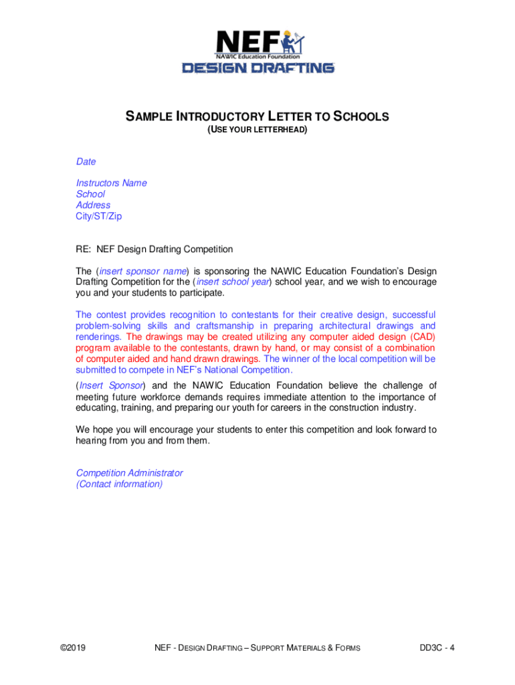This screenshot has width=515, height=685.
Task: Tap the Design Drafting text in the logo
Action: [258, 68]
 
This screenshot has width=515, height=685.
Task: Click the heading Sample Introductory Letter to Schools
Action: [257, 117]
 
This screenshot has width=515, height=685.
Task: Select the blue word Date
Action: [86, 161]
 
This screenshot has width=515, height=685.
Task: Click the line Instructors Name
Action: [111, 183]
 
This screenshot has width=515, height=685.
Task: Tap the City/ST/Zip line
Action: [99, 216]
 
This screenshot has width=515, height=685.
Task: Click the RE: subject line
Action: [154, 250]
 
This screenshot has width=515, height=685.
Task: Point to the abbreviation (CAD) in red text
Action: [419, 336]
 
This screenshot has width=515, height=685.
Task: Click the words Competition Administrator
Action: [129, 473]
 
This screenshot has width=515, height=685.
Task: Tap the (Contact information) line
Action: [119, 484]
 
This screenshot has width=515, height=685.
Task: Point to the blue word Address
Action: [93, 205]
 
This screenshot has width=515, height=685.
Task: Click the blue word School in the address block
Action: [90, 194]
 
